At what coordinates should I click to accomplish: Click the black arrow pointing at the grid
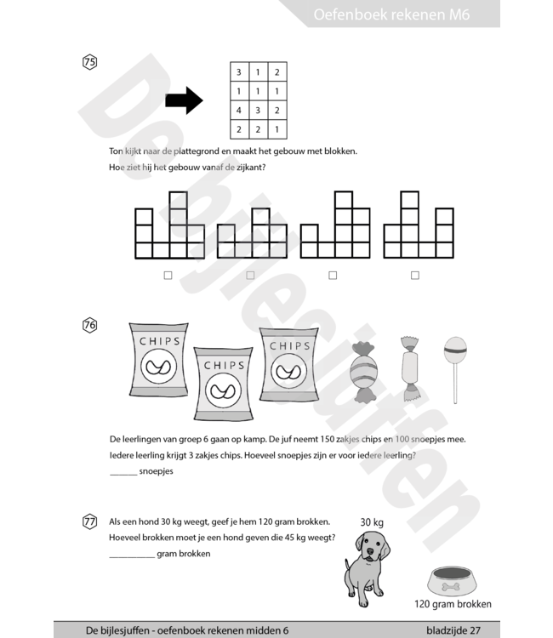184,100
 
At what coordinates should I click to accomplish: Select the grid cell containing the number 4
239,111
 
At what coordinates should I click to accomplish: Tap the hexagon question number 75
89,62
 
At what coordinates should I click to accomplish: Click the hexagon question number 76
89,325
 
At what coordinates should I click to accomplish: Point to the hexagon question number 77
89,521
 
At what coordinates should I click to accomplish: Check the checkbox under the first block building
168,276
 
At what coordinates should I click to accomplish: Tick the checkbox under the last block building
415,276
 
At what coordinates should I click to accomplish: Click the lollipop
455,369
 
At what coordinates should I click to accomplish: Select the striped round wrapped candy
364,372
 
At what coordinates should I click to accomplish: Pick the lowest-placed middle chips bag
224,384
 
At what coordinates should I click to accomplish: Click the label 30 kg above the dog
372,522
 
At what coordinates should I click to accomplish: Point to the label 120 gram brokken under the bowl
453,604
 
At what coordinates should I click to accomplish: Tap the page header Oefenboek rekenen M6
391,14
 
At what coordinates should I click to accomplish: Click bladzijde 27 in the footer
453,630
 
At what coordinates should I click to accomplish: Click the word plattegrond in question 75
197,151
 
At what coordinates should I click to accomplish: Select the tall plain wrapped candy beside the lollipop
410,368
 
